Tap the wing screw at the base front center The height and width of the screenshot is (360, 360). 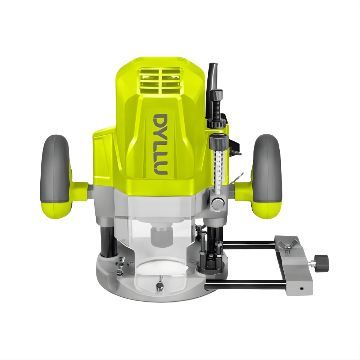159,286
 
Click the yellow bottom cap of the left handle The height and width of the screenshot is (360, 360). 58,209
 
